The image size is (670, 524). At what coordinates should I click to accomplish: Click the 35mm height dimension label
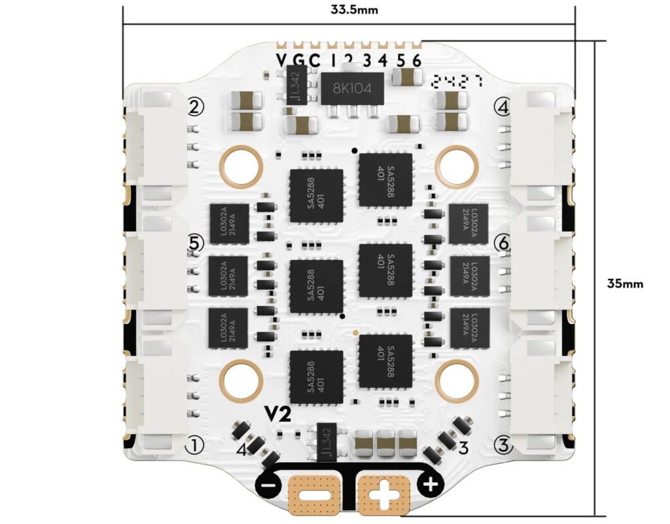(624, 284)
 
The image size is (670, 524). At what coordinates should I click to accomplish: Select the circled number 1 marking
(194, 445)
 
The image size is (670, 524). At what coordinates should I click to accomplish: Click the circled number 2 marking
(195, 106)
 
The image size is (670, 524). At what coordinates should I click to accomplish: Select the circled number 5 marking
(194, 242)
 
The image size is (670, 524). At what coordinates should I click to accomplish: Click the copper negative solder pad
(315, 493)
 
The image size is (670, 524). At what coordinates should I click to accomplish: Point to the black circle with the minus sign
(266, 486)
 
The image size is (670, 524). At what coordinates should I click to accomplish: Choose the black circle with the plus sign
(431, 485)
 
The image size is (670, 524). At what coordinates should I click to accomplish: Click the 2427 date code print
(457, 81)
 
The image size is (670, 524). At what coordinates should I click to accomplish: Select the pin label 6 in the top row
(417, 61)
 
